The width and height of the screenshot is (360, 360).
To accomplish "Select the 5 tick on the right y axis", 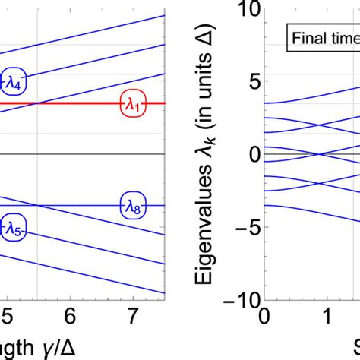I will click(253, 81).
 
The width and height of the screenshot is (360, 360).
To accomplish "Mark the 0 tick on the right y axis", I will click(253, 154).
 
